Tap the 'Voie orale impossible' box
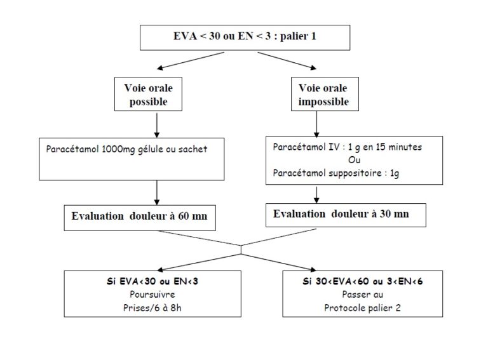click(x=320, y=93)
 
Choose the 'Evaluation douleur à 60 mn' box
click(x=140, y=217)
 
